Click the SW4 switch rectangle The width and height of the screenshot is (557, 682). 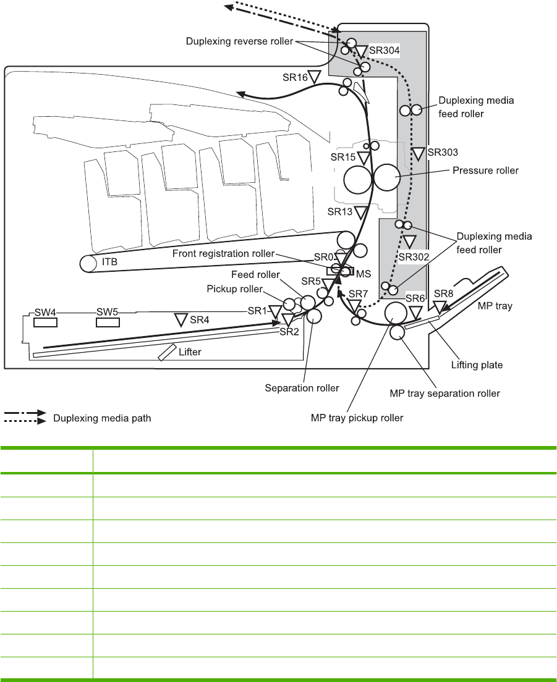tap(46, 322)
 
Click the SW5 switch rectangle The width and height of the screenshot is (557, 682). tap(107, 322)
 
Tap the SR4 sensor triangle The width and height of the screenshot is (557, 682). tap(181, 319)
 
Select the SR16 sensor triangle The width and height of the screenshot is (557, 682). tap(314, 77)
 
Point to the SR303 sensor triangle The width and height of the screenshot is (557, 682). tap(419, 153)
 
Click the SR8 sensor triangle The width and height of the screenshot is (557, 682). tap(440, 306)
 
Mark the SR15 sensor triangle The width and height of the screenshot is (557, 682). tap(364, 158)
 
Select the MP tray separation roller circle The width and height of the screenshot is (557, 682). tap(397, 333)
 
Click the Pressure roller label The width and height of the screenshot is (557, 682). tap(485, 170)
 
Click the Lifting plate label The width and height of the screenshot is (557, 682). tap(477, 365)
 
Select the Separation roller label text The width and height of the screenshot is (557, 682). tap(302, 388)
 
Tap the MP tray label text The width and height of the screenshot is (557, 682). tap(495, 306)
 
